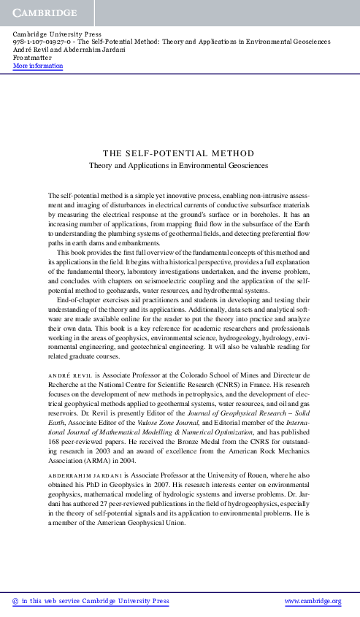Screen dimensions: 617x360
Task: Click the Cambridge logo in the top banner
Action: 44,14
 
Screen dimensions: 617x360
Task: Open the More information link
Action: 38,66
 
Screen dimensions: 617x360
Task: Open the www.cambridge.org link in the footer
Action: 315,601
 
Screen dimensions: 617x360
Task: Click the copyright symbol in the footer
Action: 16,601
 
